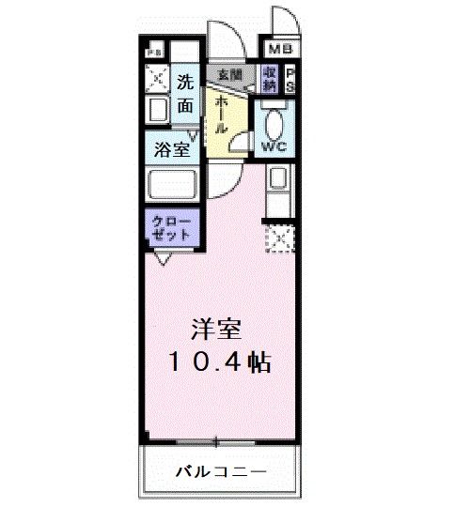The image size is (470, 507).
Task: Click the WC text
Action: point(274,146)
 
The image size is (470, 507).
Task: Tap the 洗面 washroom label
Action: point(186,94)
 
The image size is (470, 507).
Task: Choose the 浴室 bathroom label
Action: point(173,149)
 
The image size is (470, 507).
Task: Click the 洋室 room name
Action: point(217,330)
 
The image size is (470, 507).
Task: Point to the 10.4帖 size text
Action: point(217,361)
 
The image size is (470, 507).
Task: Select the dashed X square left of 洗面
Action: point(156,78)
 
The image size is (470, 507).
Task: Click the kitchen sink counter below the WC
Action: point(279,188)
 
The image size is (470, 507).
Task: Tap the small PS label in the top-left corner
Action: point(153,51)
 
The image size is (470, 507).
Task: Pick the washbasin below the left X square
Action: point(156,111)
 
